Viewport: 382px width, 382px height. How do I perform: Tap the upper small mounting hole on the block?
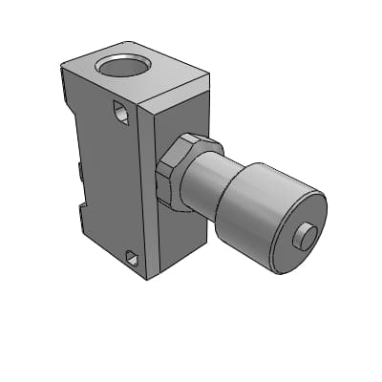[120, 113]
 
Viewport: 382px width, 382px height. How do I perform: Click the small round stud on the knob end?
[306, 235]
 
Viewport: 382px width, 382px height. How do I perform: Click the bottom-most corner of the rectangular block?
[147, 280]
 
